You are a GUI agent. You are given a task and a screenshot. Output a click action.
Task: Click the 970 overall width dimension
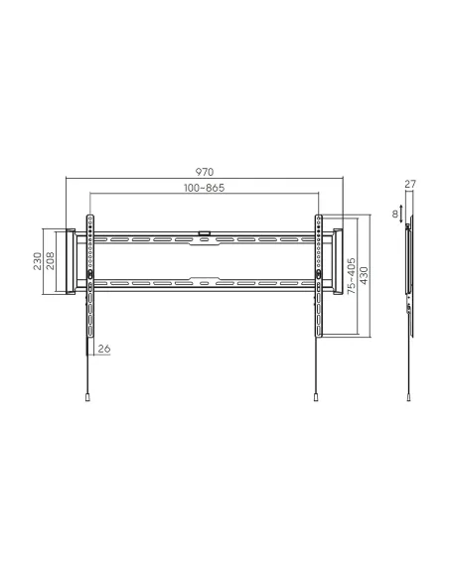pyautogui.click(x=205, y=172)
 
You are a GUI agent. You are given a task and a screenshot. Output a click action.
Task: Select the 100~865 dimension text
pyautogui.click(x=205, y=188)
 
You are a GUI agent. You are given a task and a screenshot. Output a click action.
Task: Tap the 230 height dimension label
pyautogui.click(x=38, y=261)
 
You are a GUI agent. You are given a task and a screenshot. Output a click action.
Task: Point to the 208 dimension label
pyautogui.click(x=50, y=261)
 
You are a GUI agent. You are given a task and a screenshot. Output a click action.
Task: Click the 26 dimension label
pyautogui.click(x=104, y=349)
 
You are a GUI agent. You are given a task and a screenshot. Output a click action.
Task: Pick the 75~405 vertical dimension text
pyautogui.click(x=352, y=276)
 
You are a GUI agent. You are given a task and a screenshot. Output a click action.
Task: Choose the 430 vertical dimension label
pyautogui.click(x=364, y=275)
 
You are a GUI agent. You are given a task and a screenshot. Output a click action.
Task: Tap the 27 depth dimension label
pyautogui.click(x=410, y=184)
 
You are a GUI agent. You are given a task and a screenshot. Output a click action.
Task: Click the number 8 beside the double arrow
pyautogui.click(x=395, y=215)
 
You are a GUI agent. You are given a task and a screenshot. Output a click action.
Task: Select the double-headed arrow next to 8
pyautogui.click(x=401, y=215)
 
